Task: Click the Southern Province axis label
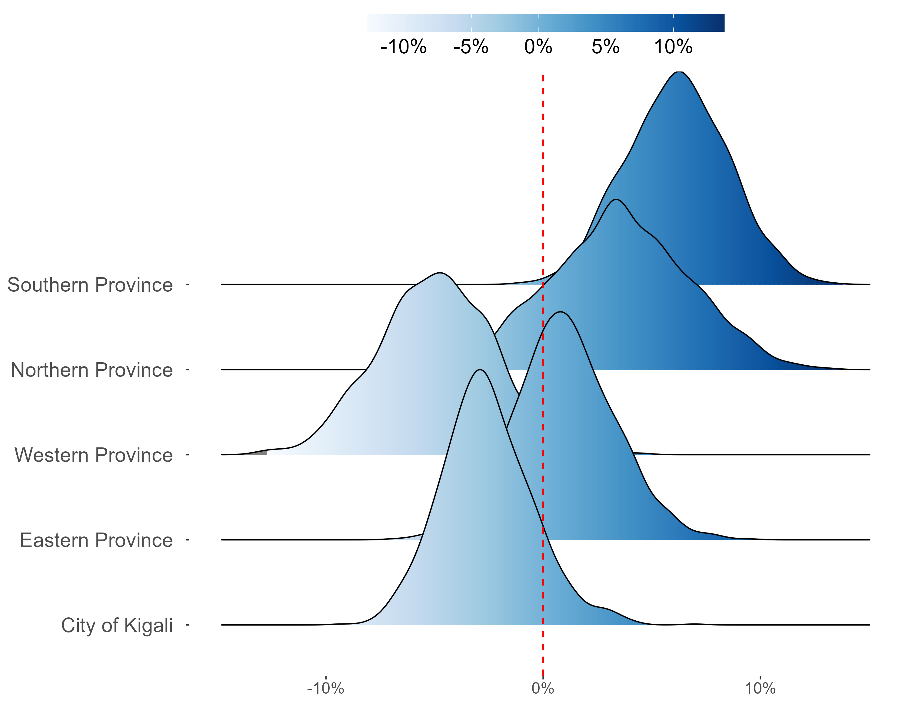pos(90,285)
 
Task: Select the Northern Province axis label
pos(92,370)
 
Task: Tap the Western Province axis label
pos(94,455)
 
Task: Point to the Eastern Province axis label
pos(96,540)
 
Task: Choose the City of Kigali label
pos(117,626)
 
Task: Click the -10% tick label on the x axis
pos(325,689)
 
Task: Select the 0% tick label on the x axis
pos(543,689)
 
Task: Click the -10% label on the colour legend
pos(404,47)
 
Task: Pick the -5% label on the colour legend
pos(471,47)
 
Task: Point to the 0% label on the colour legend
pos(538,47)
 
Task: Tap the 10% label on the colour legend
pos(673,47)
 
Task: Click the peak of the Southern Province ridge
pos(679,72)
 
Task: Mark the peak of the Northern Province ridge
pos(616,199)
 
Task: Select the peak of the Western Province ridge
pos(440,273)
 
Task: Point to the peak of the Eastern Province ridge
pos(560,312)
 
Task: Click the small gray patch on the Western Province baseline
pos(261,453)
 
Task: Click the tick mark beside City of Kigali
pos(188,625)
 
